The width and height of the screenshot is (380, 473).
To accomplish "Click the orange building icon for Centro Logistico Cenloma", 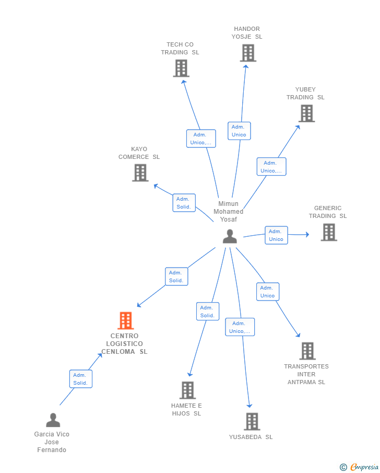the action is click(x=125, y=320).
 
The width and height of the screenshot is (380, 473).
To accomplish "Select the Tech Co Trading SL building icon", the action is click(x=181, y=68).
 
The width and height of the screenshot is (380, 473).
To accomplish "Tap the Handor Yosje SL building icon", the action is click(x=248, y=53).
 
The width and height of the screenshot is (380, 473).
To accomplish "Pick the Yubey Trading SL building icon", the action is click(x=306, y=113).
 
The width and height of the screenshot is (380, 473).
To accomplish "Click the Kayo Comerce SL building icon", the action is click(x=140, y=172).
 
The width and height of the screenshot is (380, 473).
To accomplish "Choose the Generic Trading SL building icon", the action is click(x=328, y=232).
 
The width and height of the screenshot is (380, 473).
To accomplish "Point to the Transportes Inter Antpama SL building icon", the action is click(x=307, y=351).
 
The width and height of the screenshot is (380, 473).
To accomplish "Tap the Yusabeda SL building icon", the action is click(x=252, y=421).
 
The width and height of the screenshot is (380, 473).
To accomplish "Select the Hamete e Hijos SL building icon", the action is click(x=187, y=390).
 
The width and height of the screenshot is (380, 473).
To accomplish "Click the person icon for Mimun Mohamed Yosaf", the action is click(x=230, y=237).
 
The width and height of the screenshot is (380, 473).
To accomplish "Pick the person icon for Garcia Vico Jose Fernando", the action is click(x=53, y=420).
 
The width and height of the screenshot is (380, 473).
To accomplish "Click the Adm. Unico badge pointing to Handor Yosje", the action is click(x=239, y=131).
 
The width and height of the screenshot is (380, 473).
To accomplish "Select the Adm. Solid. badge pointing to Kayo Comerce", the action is click(x=184, y=203).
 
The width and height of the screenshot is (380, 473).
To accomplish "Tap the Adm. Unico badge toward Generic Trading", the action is click(x=276, y=235).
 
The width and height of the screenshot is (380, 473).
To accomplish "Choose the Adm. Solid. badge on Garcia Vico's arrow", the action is click(x=80, y=379).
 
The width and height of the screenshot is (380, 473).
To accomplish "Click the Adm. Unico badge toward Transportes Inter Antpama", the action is click(x=267, y=292).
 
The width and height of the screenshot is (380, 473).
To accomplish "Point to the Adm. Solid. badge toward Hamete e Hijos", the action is click(x=207, y=312).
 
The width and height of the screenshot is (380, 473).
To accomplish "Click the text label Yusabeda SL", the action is click(x=251, y=437).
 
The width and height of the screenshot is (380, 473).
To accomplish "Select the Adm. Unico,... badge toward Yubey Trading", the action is click(x=271, y=167).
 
